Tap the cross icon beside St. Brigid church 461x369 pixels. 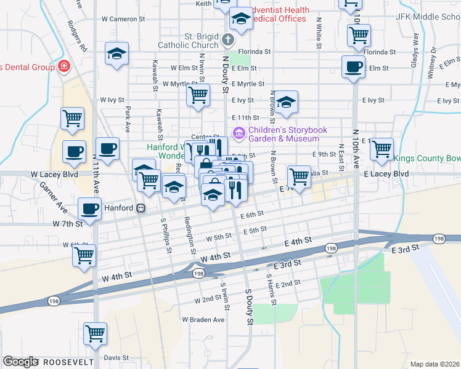pos(228,41)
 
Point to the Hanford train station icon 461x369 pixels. pos(141,208)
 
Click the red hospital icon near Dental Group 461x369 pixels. pos(63,66)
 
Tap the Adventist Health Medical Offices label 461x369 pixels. pos(276,14)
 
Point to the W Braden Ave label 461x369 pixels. pos(203,320)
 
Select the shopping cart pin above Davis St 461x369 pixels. pos(96,334)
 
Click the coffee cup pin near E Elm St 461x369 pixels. pos(354,66)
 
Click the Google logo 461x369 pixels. pos(20,362)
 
